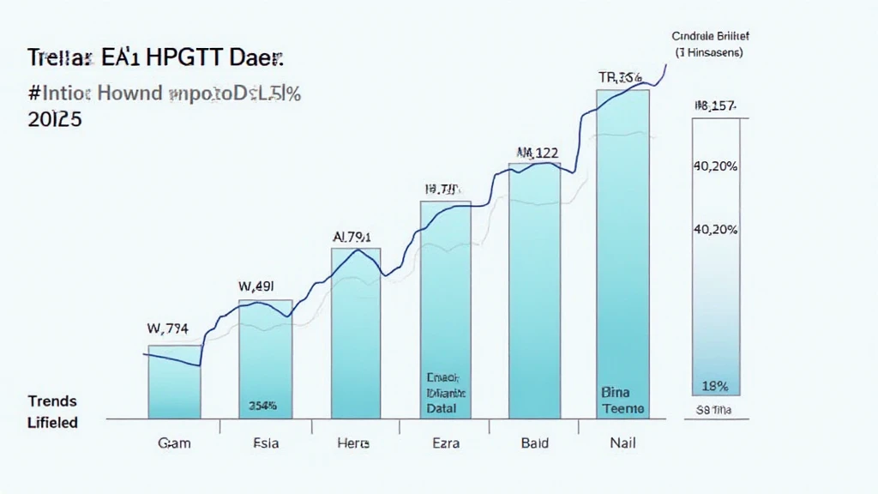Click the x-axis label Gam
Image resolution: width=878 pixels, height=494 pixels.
(x=174, y=444)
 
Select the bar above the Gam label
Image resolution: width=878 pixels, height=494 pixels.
(x=174, y=382)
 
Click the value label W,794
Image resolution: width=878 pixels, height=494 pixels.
(x=168, y=327)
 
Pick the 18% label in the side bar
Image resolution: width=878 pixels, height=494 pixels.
(x=715, y=385)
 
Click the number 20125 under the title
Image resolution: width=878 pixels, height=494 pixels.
(x=49, y=121)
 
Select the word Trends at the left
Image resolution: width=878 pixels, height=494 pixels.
(x=52, y=401)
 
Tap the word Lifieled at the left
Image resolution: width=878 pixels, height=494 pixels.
(x=52, y=422)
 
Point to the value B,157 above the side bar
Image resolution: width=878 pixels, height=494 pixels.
(x=715, y=106)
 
